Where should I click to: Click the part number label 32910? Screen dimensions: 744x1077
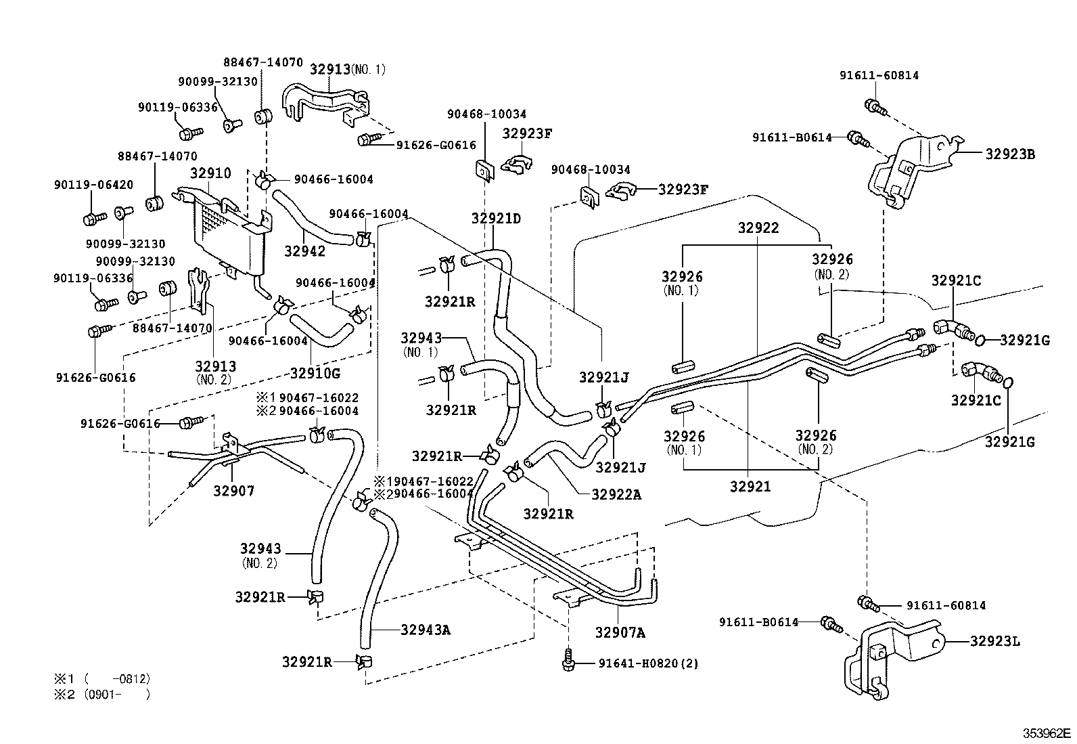(x=210, y=173)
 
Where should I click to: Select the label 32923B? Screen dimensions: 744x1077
(x=1009, y=154)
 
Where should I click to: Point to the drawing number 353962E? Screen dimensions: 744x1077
(x=1047, y=733)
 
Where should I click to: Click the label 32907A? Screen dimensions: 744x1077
(x=620, y=633)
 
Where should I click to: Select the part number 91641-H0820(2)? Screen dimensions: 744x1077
(x=648, y=663)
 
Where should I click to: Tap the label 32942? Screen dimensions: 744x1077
(x=304, y=251)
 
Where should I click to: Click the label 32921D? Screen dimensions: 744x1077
(x=496, y=218)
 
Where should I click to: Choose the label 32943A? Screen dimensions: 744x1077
(x=426, y=630)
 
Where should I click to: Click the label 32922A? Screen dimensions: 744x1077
(x=616, y=494)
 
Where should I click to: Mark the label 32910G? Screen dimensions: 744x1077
(x=315, y=372)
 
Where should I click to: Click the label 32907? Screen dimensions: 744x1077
(x=233, y=491)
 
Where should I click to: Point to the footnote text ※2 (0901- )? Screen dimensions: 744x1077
(x=102, y=694)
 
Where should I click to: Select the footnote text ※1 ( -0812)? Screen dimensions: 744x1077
(x=102, y=678)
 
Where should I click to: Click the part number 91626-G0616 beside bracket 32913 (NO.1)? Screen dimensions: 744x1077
(x=436, y=145)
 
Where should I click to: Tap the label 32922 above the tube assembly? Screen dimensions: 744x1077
(x=758, y=228)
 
